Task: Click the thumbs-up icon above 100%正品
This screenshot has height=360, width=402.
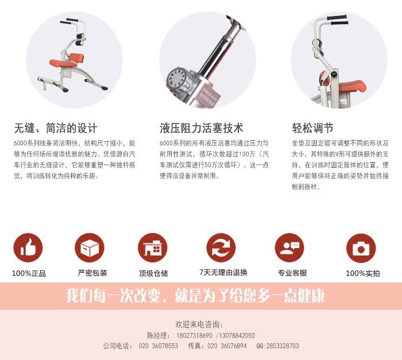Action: click(28, 247)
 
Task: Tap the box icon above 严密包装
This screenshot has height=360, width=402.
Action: click(90, 247)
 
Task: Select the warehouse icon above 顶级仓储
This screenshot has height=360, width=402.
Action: click(153, 247)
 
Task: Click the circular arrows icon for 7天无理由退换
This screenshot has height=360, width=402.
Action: click(221, 247)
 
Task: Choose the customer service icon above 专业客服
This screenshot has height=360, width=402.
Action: click(289, 247)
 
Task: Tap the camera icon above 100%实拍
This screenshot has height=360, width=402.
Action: click(361, 247)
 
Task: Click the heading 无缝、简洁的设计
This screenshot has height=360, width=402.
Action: click(56, 128)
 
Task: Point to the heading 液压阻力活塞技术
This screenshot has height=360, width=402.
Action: click(201, 128)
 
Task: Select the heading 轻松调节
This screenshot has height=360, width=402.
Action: click(312, 128)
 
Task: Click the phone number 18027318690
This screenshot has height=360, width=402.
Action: click(195, 335)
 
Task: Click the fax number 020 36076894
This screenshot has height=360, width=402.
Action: click(227, 346)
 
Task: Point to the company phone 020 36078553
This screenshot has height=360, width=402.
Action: click(159, 346)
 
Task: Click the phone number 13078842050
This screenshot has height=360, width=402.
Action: click(236, 335)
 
